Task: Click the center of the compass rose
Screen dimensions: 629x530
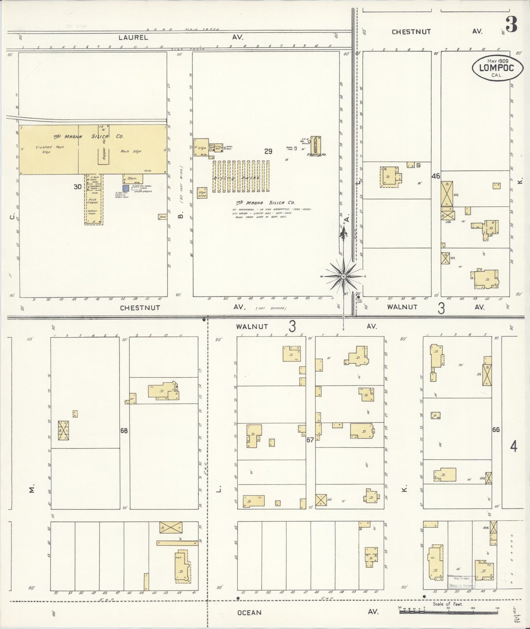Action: click(x=343, y=276)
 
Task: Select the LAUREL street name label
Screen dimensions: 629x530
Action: click(x=133, y=37)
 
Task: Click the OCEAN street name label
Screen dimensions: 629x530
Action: click(x=249, y=612)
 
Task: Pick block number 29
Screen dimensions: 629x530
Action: click(x=268, y=151)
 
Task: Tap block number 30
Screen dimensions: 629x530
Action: click(x=77, y=187)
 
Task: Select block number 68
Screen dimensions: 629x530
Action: click(x=124, y=430)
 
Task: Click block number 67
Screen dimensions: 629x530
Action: click(x=310, y=440)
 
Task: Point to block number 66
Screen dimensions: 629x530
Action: click(x=496, y=430)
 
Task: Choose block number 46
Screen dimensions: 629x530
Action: click(x=436, y=176)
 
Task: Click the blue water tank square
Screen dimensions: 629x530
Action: click(x=125, y=188)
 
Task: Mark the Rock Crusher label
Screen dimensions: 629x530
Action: click(x=92, y=201)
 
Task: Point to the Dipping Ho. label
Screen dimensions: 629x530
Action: click(x=317, y=154)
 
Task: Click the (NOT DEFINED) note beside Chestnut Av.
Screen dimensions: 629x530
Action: click(x=272, y=308)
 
